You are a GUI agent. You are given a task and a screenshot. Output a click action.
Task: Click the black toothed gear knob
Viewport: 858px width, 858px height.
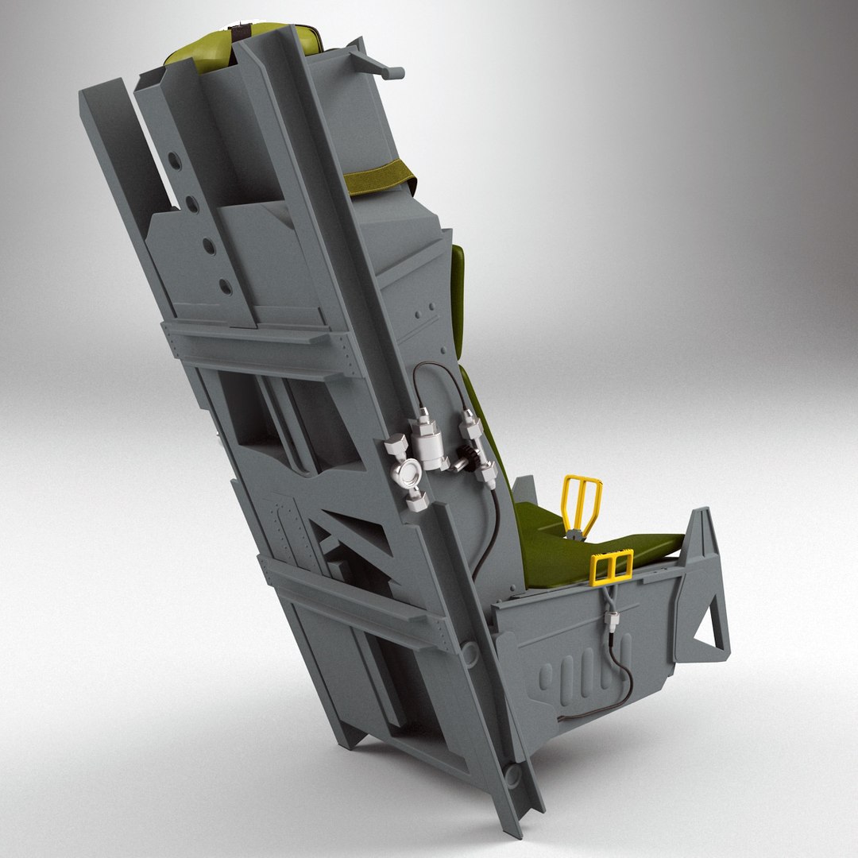(466, 459)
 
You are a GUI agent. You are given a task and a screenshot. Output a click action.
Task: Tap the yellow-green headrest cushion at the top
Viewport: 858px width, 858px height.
(199, 50)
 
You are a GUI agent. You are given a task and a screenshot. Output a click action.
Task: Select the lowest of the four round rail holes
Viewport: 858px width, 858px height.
(226, 285)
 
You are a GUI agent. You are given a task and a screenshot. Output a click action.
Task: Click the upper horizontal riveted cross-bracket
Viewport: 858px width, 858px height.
(262, 342)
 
